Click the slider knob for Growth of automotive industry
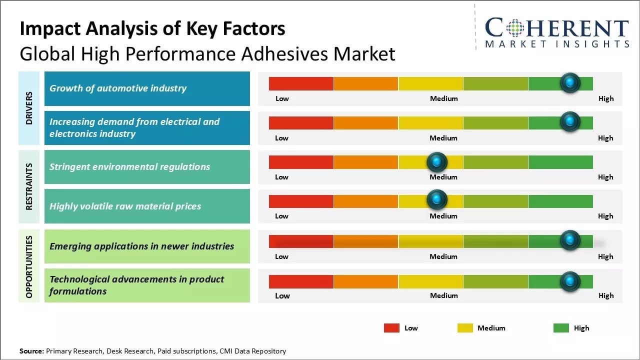pos(569,83)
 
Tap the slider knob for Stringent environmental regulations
pos(437,161)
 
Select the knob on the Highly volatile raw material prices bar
pos(437,199)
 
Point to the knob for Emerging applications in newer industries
pos(569,240)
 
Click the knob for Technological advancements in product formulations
pos(569,281)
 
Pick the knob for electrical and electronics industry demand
pos(569,121)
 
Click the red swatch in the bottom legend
pos(391,328)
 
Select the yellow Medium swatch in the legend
pos(465,328)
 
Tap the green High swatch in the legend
pos(561,328)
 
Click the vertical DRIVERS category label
pos(29,108)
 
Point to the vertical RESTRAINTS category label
pos(29,186)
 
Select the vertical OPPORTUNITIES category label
pos(29,266)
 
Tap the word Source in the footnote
pos(31,351)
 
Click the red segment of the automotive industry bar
pos(301,83)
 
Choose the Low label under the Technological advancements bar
pos(282,295)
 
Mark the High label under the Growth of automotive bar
pos(605,98)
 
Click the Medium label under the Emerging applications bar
pos(443,256)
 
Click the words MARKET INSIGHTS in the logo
pos(556,44)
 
